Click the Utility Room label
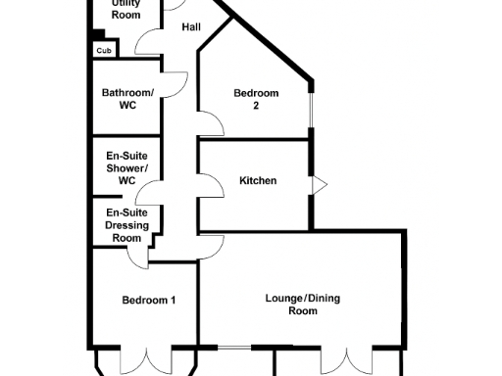click(x=125, y=10)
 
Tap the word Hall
click(x=191, y=26)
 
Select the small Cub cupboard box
click(x=103, y=49)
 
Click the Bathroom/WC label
click(x=125, y=99)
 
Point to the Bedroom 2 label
click(x=256, y=99)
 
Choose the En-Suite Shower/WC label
click(x=126, y=168)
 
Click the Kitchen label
click(x=258, y=181)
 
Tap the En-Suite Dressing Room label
click(x=126, y=224)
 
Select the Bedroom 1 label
click(x=148, y=301)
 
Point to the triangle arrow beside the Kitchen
click(x=319, y=184)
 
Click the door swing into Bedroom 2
click(x=209, y=123)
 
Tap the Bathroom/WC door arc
click(x=174, y=85)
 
